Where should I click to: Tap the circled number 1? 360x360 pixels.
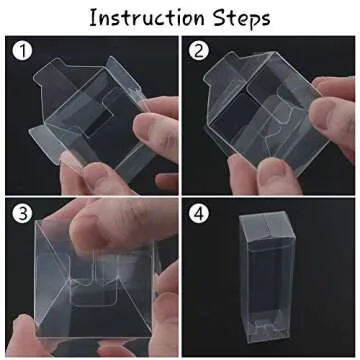pyautogui.click(x=23, y=50)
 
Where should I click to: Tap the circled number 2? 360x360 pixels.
pyautogui.click(x=199, y=51)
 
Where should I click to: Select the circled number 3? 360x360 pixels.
pyautogui.click(x=23, y=214)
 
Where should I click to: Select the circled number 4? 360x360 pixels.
pyautogui.click(x=199, y=214)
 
